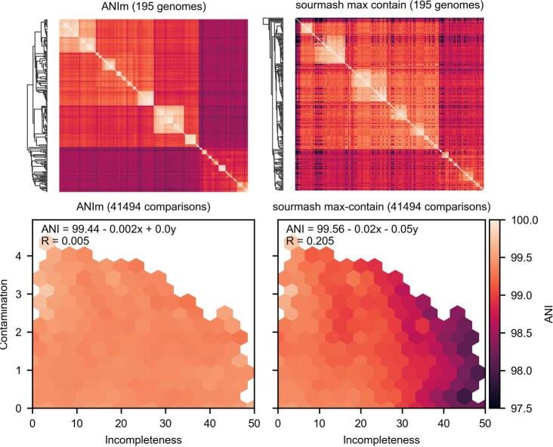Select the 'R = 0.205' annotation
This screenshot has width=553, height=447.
point(306,242)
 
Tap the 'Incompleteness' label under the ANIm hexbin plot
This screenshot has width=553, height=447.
point(142,438)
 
